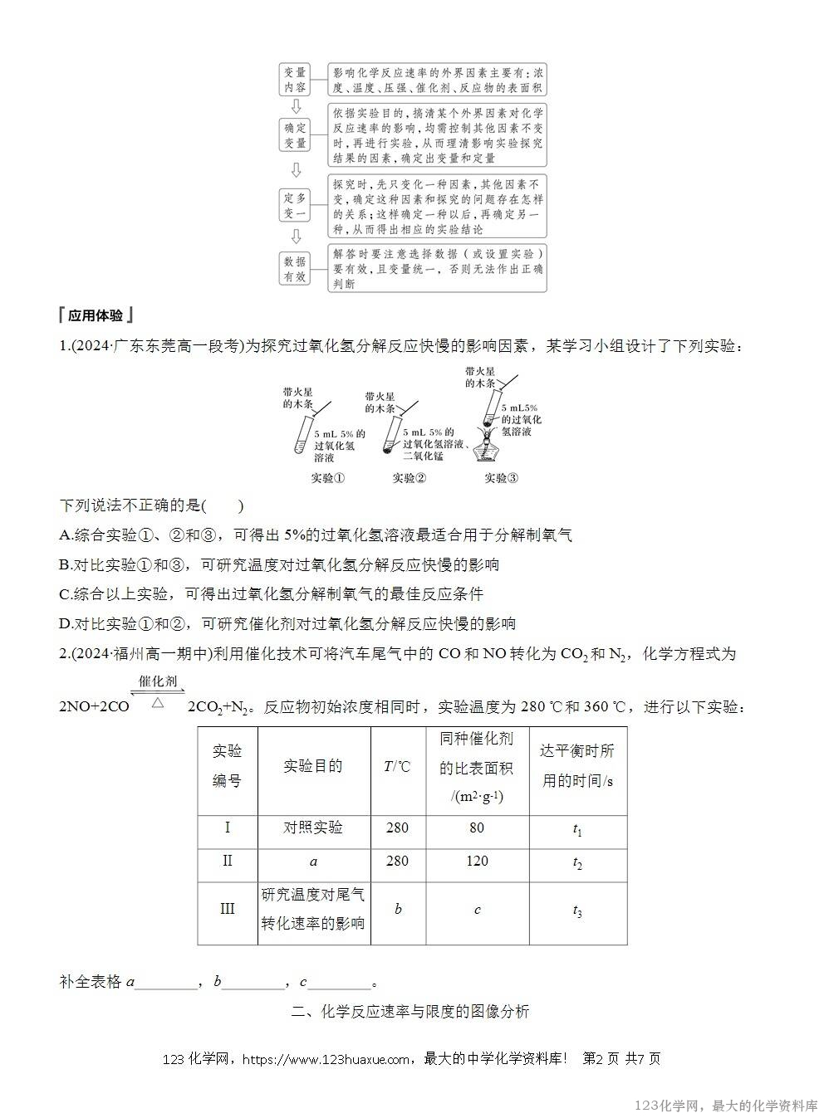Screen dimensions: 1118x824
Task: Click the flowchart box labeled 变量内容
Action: [295, 80]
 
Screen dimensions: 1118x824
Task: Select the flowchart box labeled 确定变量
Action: [295, 135]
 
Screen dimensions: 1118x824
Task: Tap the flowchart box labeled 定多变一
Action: [295, 205]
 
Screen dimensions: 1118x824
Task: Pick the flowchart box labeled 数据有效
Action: [295, 268]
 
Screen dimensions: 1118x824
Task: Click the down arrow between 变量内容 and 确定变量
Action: [295, 107]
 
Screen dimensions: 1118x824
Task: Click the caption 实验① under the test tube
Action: [327, 478]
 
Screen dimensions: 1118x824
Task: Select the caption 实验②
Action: [410, 478]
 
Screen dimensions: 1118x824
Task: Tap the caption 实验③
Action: [502, 478]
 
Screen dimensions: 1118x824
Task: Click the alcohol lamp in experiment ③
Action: [485, 449]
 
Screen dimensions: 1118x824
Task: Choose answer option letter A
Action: [66, 535]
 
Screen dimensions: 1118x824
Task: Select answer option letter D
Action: [66, 624]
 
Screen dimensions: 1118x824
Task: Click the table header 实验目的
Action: [313, 766]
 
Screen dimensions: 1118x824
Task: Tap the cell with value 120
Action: [477, 861]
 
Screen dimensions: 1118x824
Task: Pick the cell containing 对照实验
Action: [313, 828]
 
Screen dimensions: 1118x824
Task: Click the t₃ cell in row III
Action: [577, 911]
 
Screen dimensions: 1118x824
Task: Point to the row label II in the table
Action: [227, 861]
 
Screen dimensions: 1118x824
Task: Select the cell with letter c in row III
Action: [477, 910]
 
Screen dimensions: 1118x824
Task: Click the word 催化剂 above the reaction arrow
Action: [158, 681]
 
